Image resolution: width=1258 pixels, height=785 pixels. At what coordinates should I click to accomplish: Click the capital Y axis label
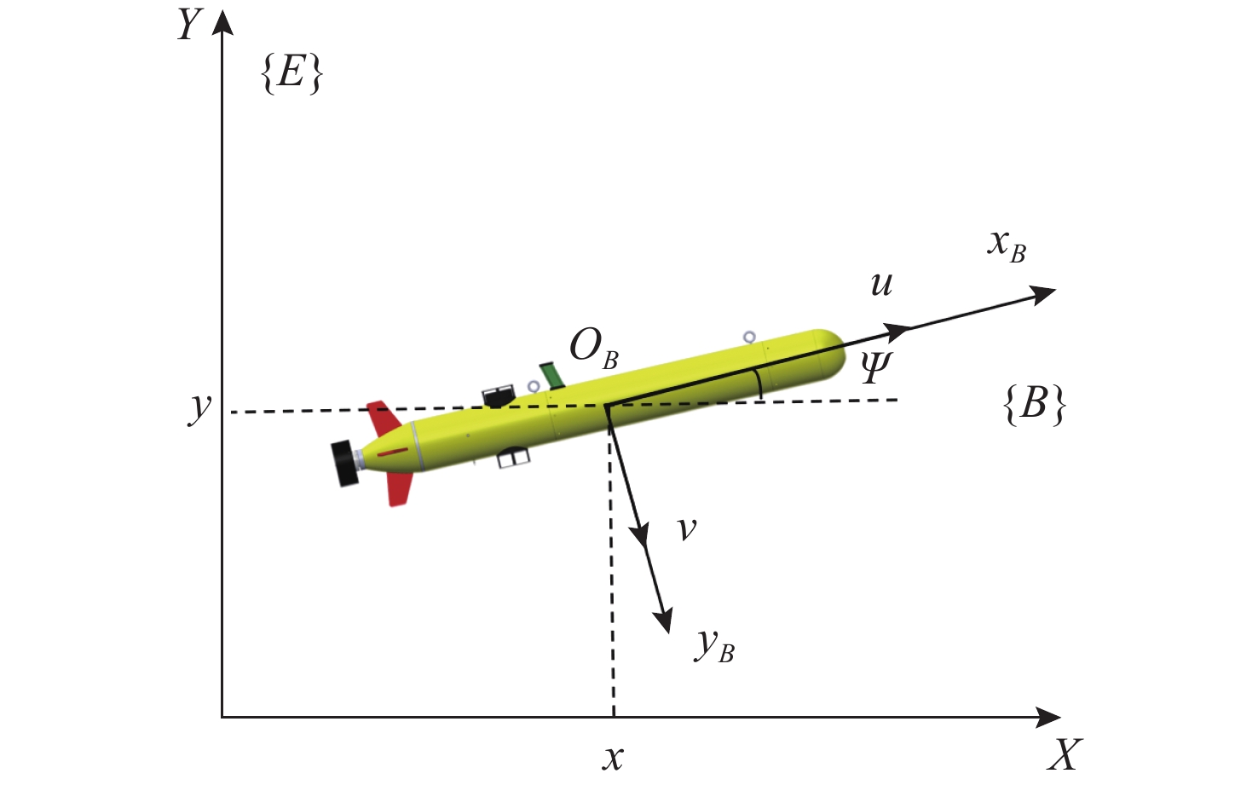point(190,26)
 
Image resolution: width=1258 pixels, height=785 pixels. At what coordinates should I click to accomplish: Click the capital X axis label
point(1064,754)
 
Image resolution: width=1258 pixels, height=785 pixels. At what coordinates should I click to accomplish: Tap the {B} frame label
point(1034,404)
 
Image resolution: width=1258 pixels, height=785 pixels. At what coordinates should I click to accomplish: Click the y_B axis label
point(714,646)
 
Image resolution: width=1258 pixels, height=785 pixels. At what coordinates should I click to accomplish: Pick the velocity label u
point(881,284)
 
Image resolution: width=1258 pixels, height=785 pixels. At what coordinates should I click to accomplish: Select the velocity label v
point(686,528)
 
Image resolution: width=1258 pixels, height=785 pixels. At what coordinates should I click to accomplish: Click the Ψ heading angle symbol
point(875,368)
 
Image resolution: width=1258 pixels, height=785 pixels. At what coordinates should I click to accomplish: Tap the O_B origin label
point(593,349)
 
